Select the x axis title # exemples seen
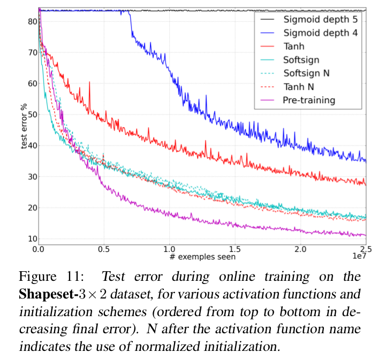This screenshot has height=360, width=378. [x=201, y=257]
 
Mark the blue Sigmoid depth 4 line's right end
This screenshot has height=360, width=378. [x=366, y=160]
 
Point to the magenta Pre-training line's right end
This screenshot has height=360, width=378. [x=366, y=235]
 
